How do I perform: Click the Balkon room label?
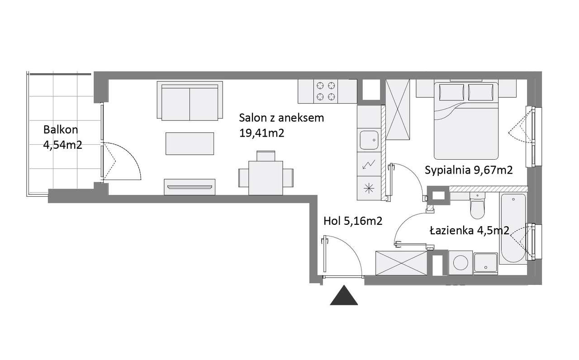tap(61, 129)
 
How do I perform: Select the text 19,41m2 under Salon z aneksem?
tap(261, 133)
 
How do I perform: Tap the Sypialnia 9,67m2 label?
tap(469, 170)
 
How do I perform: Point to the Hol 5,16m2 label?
tap(353, 221)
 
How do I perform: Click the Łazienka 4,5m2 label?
tap(470, 231)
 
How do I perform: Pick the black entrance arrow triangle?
tap(344, 295)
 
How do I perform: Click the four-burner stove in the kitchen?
tap(326, 91)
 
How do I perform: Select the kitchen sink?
tap(369, 140)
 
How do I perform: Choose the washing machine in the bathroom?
tap(461, 263)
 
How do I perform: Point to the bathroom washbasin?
tap(486, 263)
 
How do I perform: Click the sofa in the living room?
tap(190, 101)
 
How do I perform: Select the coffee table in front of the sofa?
tap(190, 144)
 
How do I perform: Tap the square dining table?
tap(266, 178)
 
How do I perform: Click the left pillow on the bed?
tap(451, 92)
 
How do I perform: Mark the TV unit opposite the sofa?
tap(190, 187)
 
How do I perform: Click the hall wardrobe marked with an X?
tap(401, 263)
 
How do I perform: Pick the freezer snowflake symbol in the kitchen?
tap(369, 188)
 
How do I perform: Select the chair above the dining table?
tap(266, 156)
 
